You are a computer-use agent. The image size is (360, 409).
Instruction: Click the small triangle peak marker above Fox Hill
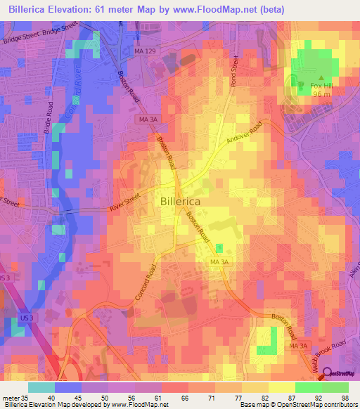[321, 77]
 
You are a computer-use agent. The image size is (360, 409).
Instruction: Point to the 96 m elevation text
[321, 95]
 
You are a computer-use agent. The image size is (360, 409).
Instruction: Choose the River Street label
[126, 204]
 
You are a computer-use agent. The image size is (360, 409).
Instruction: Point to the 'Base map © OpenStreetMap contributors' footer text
[297, 405]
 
